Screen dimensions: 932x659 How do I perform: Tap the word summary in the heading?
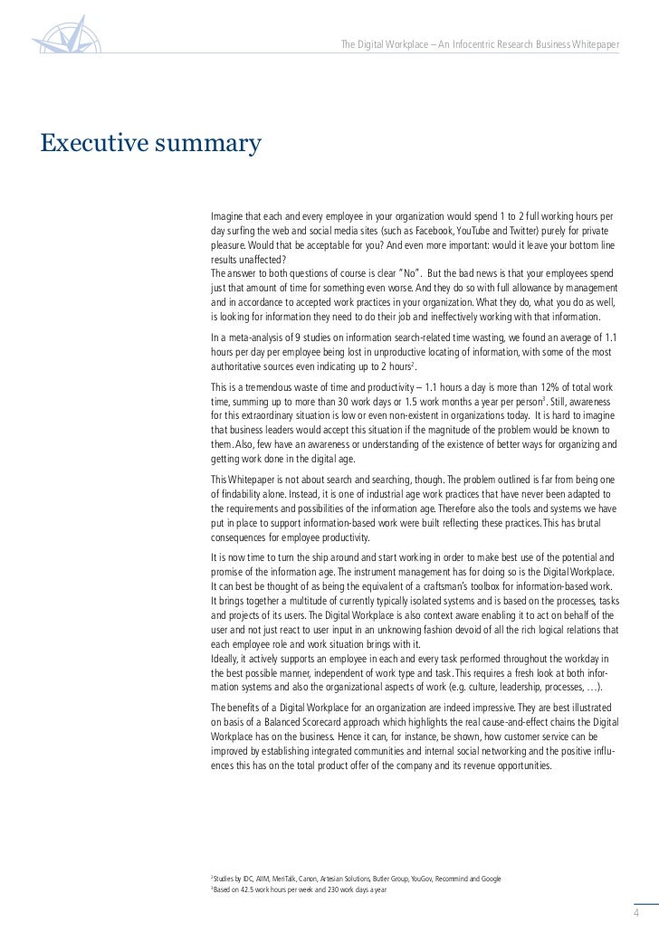click(x=212, y=144)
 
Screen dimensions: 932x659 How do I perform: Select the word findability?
click(x=239, y=496)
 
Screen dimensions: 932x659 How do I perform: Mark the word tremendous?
click(x=264, y=385)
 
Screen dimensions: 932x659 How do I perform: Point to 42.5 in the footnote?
click(x=240, y=890)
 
